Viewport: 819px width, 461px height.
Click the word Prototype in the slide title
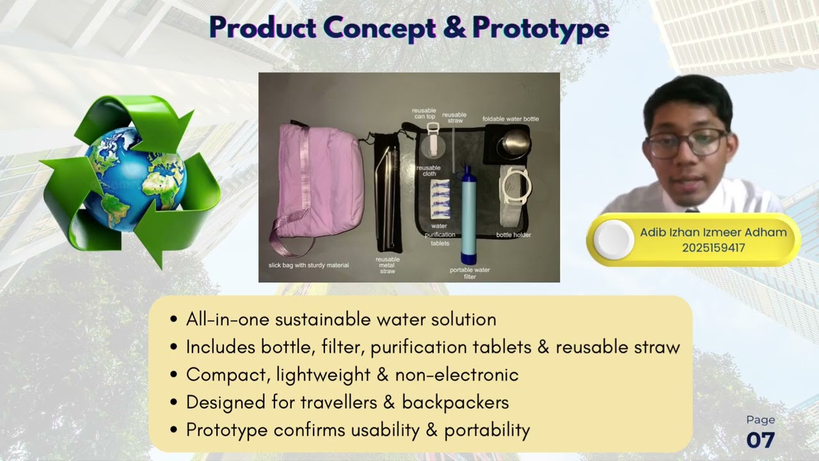pos(540,29)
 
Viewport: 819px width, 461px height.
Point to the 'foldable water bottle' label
pos(511,119)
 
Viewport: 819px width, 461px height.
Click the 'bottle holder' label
pos(513,235)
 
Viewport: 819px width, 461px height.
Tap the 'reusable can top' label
pos(424,113)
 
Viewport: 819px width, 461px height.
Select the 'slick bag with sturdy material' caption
pos(308,265)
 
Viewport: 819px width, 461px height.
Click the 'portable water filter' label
pos(470,273)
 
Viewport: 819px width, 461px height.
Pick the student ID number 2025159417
pos(713,248)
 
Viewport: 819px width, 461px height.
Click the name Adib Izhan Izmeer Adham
pos(713,232)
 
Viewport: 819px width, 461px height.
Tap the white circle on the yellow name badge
pos(614,239)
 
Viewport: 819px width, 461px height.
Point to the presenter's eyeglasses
pos(686,142)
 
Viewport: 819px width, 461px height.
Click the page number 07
pos(760,440)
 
